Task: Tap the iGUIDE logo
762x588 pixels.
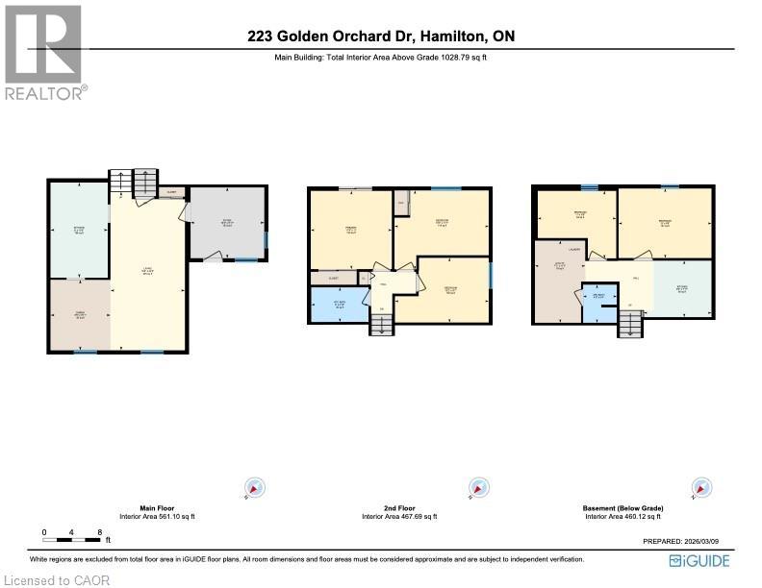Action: coord(698,559)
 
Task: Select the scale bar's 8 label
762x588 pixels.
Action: coord(99,531)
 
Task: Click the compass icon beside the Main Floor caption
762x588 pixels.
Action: coord(253,488)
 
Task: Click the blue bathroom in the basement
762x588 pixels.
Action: coord(598,300)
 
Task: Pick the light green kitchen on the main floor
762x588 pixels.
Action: coord(80,231)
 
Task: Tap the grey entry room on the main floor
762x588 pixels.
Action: coord(228,223)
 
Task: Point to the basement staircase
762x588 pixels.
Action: coord(629,328)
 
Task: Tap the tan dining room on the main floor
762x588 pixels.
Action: coord(81,314)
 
